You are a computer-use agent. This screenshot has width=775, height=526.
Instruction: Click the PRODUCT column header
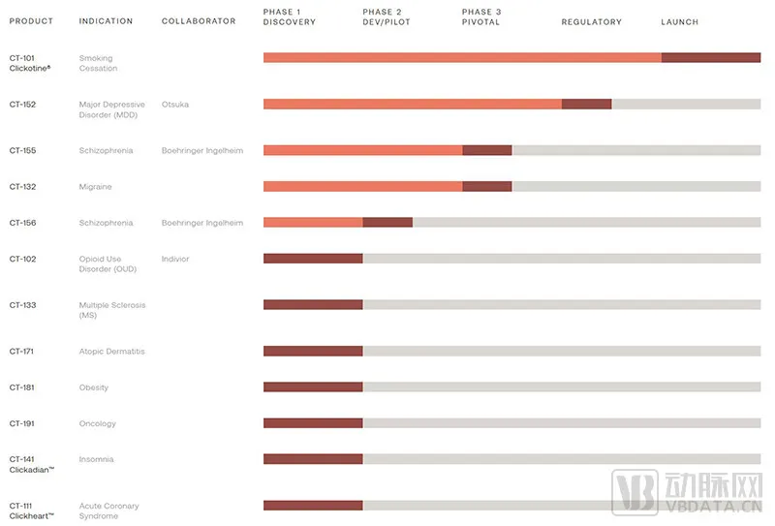tap(31, 21)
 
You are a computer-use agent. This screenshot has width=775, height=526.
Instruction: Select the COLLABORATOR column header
tap(199, 21)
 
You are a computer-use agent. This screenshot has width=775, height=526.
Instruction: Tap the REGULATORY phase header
tap(591, 21)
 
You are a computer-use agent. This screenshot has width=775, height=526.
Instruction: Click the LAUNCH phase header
tap(679, 21)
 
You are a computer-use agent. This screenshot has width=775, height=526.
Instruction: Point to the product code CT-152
tap(22, 105)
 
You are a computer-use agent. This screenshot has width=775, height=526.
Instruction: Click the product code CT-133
tap(22, 305)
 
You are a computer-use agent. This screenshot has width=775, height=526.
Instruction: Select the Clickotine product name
tap(30, 69)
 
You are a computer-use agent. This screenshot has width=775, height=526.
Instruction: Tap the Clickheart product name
tap(31, 516)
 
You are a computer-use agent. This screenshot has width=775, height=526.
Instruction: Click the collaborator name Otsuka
tap(175, 105)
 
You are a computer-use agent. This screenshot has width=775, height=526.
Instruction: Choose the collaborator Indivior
tap(175, 259)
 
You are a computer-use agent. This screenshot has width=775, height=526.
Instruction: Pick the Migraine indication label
tap(95, 187)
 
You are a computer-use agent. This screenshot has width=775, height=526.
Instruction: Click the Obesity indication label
tap(93, 387)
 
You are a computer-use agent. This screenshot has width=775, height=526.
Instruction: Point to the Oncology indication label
tap(97, 423)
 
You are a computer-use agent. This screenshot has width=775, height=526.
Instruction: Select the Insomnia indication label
tap(96, 459)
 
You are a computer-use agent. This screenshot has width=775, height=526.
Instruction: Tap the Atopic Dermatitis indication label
tap(111, 352)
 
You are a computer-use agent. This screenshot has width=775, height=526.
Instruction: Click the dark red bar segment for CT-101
tap(710, 58)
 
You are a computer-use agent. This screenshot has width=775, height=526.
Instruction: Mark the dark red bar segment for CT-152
tap(586, 105)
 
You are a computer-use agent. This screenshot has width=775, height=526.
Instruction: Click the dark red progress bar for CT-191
tap(313, 423)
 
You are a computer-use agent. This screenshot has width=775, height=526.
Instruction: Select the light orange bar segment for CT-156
tap(313, 223)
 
